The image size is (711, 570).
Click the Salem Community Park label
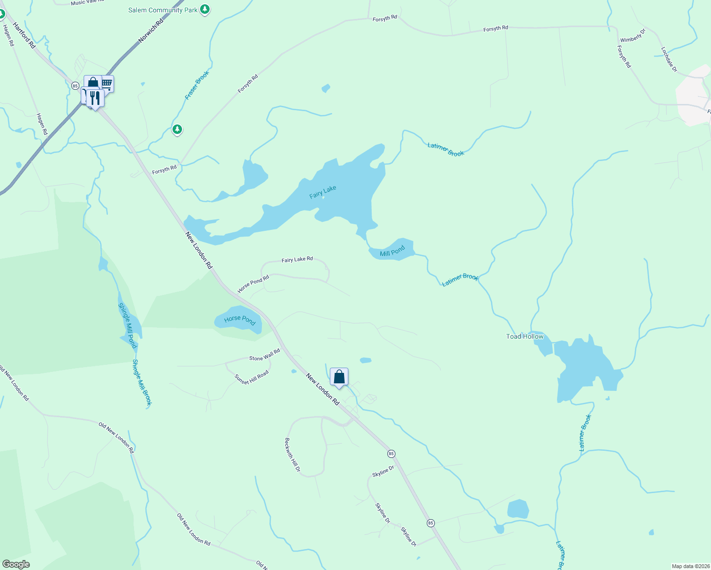tap(163, 10)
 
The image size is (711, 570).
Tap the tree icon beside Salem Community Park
tap(205, 9)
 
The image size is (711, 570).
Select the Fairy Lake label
tap(323, 192)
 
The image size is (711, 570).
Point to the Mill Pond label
tap(392, 251)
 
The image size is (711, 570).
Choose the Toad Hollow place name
tap(525, 336)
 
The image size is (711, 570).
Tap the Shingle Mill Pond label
tap(127, 325)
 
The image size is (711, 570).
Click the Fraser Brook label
tap(197, 85)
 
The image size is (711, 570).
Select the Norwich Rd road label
tap(151, 31)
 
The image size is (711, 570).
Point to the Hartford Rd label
tap(24, 35)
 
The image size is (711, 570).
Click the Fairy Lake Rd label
tap(297, 259)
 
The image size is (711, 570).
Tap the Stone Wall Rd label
tap(264, 355)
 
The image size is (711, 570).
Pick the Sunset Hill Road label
tap(251, 377)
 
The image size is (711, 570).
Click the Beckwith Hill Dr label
tap(292, 455)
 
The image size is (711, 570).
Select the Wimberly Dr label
tap(633, 36)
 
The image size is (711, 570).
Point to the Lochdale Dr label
tap(669, 59)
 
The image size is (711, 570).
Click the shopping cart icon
tap(107, 84)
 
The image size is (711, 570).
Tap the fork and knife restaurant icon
tap(96, 98)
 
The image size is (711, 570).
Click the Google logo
tap(16, 564)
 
